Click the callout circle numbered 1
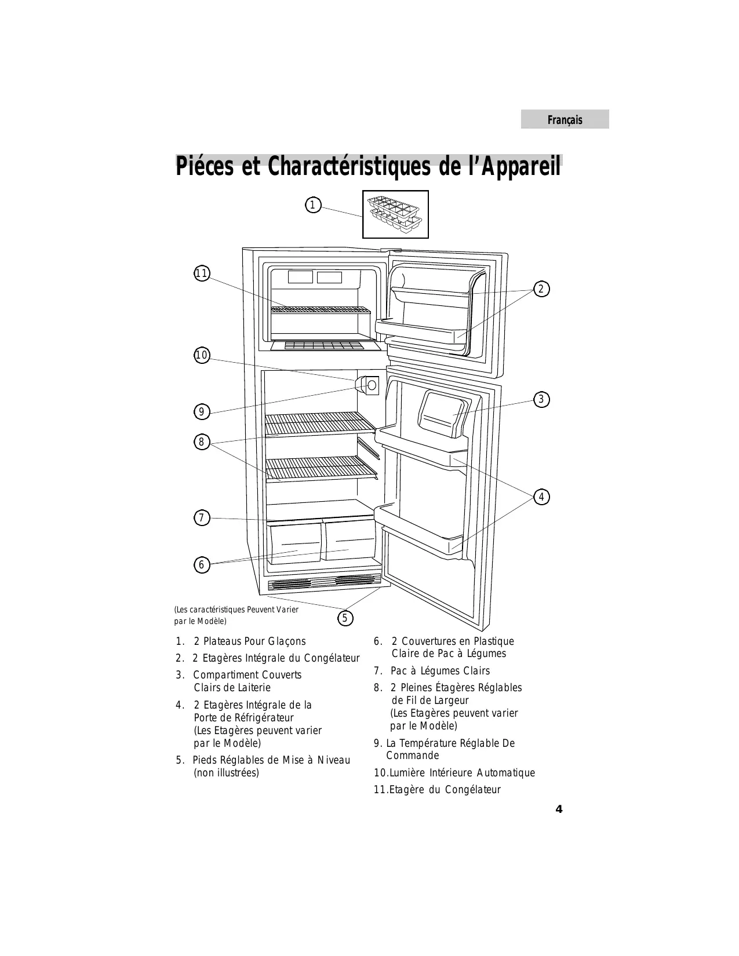tap(312, 205)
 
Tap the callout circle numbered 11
tap(202, 273)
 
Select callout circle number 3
tap(541, 399)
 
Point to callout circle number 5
tap(345, 618)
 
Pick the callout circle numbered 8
tap(201, 442)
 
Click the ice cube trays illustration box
tap(395, 214)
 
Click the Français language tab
tap(565, 120)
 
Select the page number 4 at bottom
tap(559, 809)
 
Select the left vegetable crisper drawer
tap(296, 543)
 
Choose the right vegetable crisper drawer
tap(350, 541)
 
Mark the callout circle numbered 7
tap(201, 517)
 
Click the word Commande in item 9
tap(412, 756)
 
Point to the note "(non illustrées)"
tap(226, 773)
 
